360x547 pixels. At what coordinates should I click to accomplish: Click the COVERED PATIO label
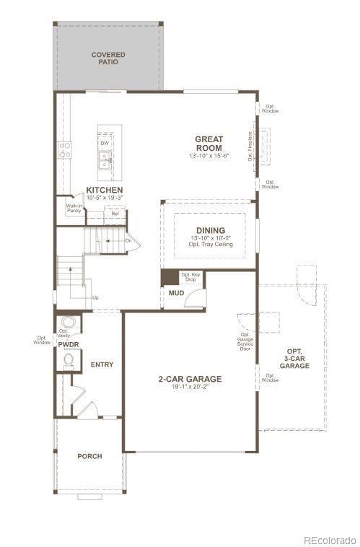[107, 58]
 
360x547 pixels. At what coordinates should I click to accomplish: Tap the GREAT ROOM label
[208, 144]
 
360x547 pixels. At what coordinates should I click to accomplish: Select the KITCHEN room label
[104, 190]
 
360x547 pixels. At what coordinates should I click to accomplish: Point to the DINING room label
[210, 230]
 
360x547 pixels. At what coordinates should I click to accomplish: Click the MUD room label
[175, 294]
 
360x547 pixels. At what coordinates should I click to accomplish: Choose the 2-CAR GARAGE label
[190, 378]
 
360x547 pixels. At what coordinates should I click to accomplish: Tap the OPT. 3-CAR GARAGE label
[294, 359]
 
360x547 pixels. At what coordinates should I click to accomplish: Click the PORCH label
[89, 456]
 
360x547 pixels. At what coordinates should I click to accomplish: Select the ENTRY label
[102, 364]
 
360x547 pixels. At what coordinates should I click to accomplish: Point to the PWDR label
[68, 345]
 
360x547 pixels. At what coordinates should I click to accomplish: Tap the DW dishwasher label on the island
[105, 144]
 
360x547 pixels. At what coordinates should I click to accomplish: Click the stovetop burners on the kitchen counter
[65, 149]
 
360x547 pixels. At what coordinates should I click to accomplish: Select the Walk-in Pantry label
[74, 209]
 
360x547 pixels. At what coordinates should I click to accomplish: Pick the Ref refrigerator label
[115, 214]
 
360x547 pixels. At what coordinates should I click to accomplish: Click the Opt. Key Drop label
[190, 277]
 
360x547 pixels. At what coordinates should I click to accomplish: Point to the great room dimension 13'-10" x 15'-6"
[208, 156]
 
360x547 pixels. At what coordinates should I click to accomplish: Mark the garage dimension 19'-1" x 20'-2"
[190, 387]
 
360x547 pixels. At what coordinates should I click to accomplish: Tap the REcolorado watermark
[329, 538]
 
